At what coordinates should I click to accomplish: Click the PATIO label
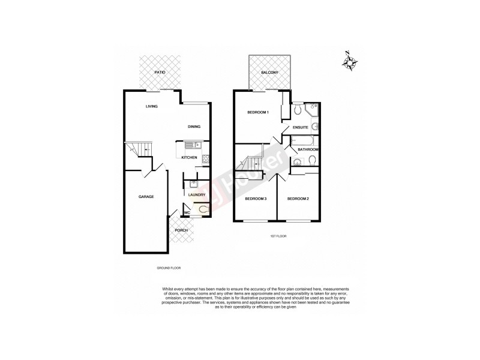pyautogui.click(x=160, y=72)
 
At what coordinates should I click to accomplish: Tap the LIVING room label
pyautogui.click(x=151, y=107)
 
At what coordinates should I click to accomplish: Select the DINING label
pyautogui.click(x=194, y=127)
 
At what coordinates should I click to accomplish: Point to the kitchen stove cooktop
pyautogui.click(x=206, y=159)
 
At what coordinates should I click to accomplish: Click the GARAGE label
pyautogui.click(x=146, y=197)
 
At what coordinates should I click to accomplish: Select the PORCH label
pyautogui.click(x=181, y=230)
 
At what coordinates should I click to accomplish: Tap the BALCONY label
pyautogui.click(x=269, y=73)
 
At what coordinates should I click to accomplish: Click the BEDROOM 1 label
pyautogui.click(x=258, y=113)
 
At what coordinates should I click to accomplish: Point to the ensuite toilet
pyautogui.click(x=298, y=109)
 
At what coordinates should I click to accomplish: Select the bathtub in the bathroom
pyautogui.click(x=304, y=142)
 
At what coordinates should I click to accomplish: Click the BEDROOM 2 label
pyautogui.click(x=297, y=199)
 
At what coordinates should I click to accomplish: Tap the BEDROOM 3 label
pyautogui.click(x=256, y=199)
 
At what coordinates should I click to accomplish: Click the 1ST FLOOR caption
pyautogui.click(x=278, y=236)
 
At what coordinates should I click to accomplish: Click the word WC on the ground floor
pyautogui.click(x=187, y=212)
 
